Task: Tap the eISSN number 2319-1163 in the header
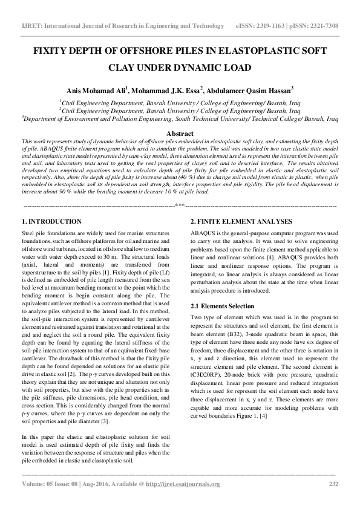pos(276,27)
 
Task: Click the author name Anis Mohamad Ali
pos(99,90)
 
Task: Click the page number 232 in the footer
pos(333,484)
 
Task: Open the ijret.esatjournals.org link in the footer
pos(187,484)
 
